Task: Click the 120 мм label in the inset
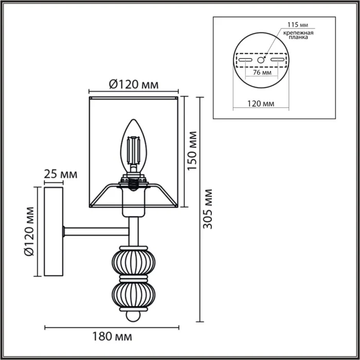point(260,103)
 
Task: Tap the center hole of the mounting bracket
point(260,60)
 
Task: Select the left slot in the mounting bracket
point(245,60)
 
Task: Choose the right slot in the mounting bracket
point(277,60)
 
